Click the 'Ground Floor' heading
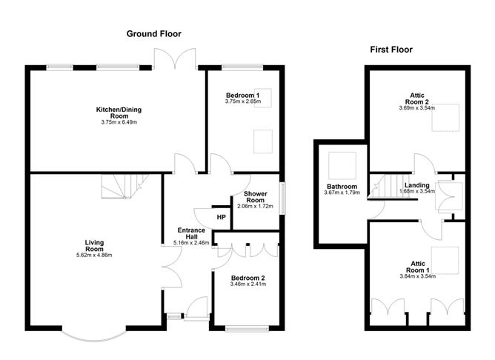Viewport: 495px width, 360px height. (153, 34)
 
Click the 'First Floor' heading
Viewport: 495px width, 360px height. (391, 50)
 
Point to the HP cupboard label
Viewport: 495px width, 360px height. (221, 217)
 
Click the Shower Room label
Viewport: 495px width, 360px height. (255, 197)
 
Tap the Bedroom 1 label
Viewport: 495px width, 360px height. (242, 96)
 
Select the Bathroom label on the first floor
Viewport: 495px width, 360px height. (342, 187)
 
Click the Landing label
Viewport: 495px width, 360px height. (417, 184)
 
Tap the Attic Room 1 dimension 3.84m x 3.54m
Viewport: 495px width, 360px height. (415, 276)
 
